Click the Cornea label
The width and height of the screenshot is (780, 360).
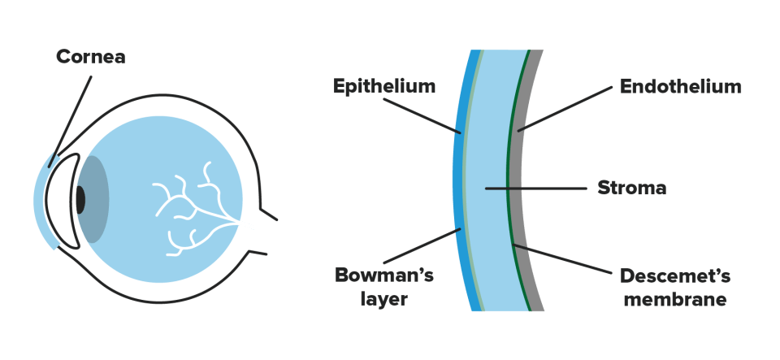click(90, 57)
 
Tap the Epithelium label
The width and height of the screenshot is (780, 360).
click(384, 86)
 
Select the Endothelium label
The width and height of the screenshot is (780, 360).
click(681, 86)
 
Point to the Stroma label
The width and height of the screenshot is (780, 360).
click(632, 188)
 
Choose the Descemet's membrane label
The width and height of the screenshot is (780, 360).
click(675, 288)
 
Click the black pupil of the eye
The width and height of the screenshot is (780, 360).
click(80, 200)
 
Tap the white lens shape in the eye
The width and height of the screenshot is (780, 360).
click(63, 202)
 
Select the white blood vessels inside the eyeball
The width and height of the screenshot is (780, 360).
click(196, 210)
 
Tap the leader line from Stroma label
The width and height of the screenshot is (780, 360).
click(535, 189)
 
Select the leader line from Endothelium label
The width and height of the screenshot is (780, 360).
click(565, 109)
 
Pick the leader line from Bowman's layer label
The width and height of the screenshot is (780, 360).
click(422, 245)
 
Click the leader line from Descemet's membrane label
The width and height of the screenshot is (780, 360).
click(563, 258)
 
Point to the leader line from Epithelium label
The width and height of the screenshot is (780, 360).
click(422, 115)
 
